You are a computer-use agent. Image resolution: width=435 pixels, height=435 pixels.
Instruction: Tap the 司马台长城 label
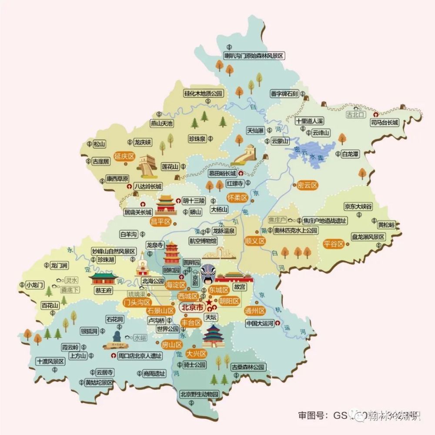[x=384, y=123]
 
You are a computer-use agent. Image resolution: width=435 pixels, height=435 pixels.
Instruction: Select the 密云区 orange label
[x=308, y=185]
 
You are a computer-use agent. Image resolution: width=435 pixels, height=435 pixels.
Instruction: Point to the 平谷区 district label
[x=334, y=244]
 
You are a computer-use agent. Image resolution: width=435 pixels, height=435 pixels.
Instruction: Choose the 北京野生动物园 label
[x=199, y=394]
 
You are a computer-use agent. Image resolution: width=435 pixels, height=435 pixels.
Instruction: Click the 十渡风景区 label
[x=50, y=361]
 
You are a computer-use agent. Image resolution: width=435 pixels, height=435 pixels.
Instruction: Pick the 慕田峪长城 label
[x=222, y=173]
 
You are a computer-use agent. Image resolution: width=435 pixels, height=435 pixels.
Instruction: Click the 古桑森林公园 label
[x=248, y=367]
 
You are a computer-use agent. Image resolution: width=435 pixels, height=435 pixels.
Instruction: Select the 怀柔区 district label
[x=237, y=197]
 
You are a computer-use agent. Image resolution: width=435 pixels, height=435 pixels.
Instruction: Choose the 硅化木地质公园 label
[x=203, y=94]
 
